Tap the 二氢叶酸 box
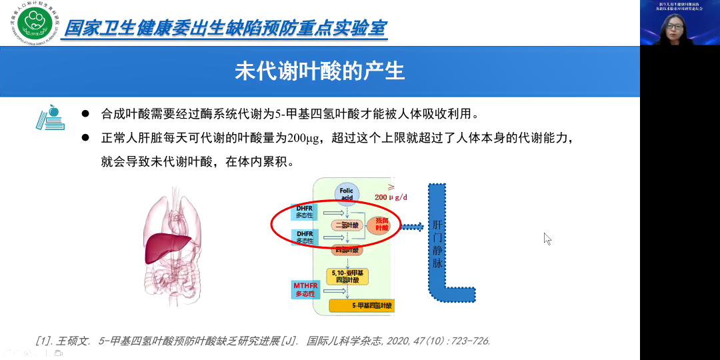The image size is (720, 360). point(347,225)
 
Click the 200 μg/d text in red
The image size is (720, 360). point(390,197)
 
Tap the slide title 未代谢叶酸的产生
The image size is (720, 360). point(319,71)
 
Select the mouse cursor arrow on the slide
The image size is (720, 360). point(547,238)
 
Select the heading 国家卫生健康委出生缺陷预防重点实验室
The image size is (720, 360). point(224,29)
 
